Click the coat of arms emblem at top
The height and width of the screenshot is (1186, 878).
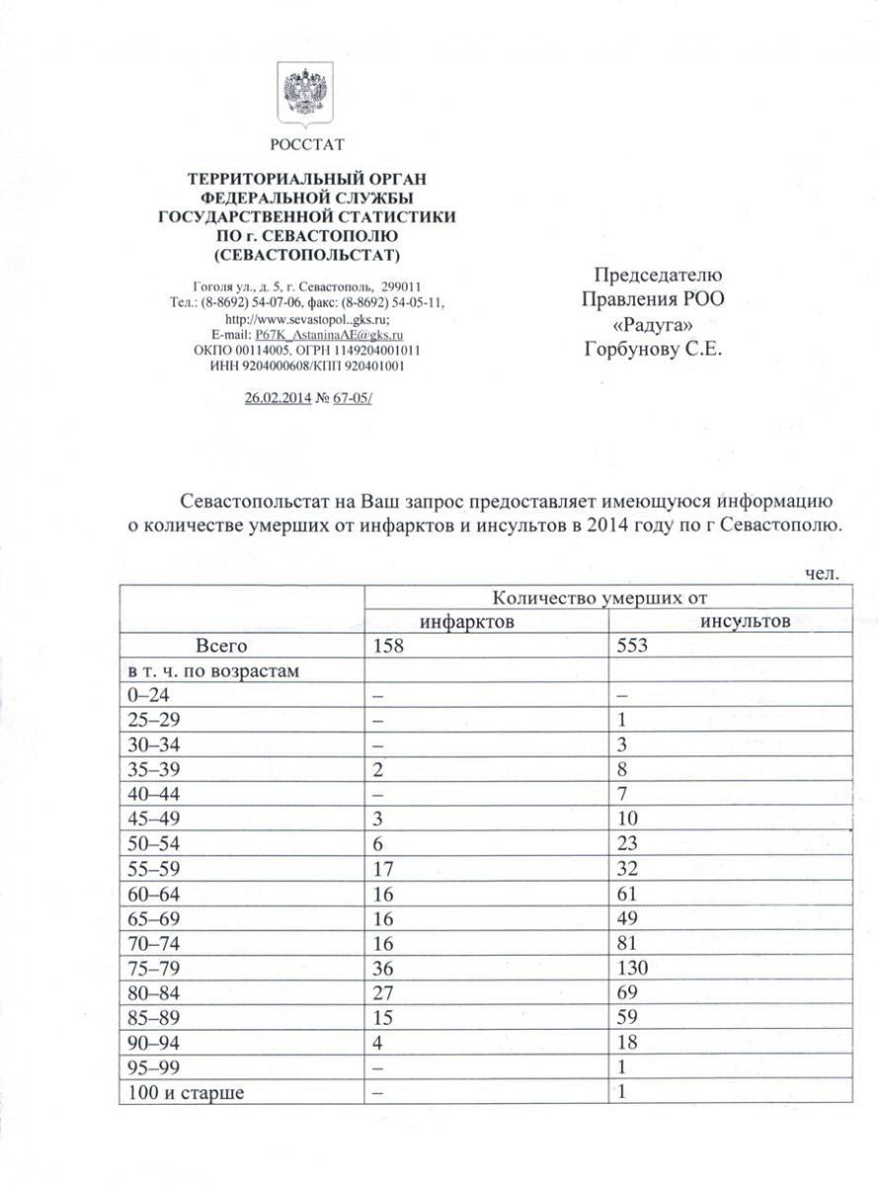click(x=306, y=95)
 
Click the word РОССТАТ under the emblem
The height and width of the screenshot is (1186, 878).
click(x=307, y=145)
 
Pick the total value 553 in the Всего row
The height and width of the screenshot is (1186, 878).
click(x=632, y=646)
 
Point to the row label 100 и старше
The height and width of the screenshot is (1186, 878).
click(x=182, y=1092)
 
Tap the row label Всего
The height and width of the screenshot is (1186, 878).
click(x=221, y=646)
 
